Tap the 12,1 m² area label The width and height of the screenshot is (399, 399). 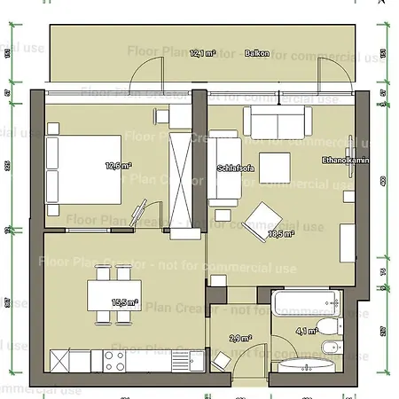click(x=202, y=53)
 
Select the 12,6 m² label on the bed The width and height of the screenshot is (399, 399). click(x=118, y=165)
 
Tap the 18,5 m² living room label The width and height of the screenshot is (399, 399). click(x=283, y=234)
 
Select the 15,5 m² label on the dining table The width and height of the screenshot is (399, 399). click(x=124, y=302)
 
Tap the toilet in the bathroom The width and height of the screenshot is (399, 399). click(x=332, y=348)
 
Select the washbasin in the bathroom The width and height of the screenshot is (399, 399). click(x=307, y=365)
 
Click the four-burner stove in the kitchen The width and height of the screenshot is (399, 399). click(x=115, y=360)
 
